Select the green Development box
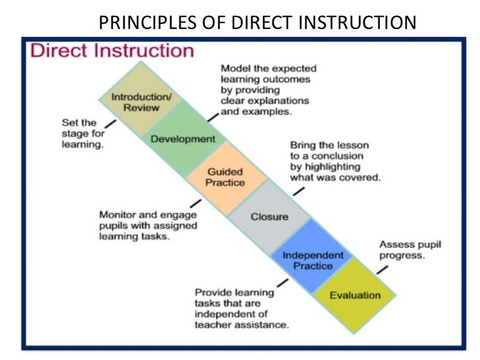[x=183, y=139]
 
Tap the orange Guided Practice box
[x=226, y=177]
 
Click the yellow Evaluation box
[x=355, y=295]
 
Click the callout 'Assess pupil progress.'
[x=409, y=250]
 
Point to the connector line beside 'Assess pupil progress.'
[x=382, y=270]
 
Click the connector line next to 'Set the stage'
[x=110, y=123]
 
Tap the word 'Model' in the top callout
[x=234, y=68]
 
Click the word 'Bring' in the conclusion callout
[x=304, y=144]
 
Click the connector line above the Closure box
[x=299, y=191]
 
